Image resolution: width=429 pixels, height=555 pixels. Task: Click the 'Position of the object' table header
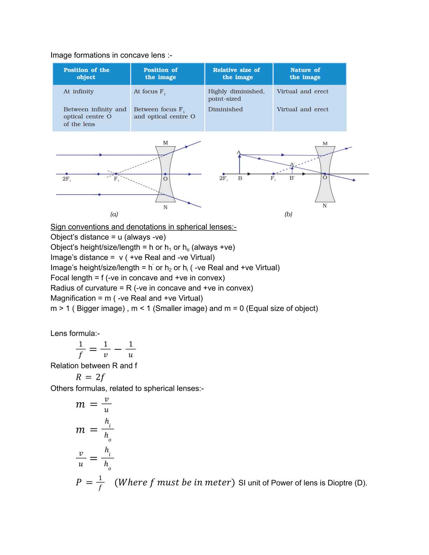86,74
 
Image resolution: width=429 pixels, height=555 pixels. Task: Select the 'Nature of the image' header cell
305,74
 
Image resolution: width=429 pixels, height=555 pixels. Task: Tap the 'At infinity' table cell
79,91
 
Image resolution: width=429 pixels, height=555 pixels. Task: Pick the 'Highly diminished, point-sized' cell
236,95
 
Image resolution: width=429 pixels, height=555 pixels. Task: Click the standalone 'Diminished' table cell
225,109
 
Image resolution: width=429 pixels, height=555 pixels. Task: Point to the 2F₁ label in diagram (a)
67,179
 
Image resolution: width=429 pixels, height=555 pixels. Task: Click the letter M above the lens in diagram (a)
165,143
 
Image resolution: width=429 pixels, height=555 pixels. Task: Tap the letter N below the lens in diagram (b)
325,206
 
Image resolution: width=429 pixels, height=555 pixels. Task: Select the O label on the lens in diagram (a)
165,179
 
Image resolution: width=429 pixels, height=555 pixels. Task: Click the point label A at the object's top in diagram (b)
239,152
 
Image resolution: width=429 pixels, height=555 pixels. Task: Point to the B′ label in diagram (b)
292,178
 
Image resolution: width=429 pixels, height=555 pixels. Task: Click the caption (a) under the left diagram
114,214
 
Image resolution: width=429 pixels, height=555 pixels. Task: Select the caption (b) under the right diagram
288,214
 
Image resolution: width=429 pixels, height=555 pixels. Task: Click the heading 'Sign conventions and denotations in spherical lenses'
143,227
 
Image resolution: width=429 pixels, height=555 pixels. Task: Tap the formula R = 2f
90,377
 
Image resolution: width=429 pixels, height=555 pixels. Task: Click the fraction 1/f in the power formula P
100,482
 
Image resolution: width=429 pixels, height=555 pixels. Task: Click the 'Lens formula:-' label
75,333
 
